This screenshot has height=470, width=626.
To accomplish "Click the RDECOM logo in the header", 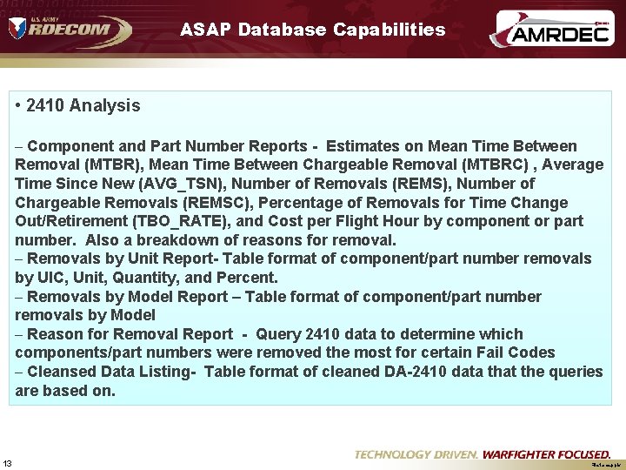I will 70,30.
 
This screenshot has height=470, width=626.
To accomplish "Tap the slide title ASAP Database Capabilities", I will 312,30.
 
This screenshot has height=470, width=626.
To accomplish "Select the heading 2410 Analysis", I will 83,105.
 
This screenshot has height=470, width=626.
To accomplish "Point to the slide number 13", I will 8,462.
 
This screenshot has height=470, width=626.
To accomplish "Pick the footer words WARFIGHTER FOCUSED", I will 546,454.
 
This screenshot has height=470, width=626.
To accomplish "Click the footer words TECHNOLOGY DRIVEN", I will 416,454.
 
